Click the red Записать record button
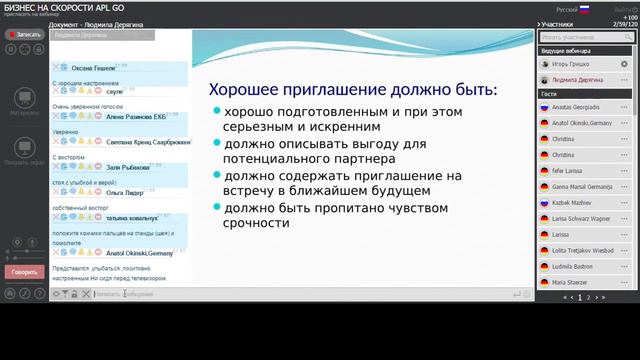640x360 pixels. [24, 34]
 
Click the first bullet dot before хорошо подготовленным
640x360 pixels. [217, 111]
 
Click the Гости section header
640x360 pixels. [549, 93]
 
